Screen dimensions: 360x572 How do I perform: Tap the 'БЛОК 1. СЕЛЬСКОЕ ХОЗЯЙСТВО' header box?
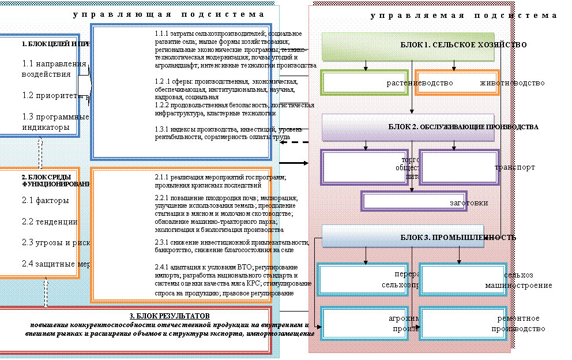(x=408, y=46)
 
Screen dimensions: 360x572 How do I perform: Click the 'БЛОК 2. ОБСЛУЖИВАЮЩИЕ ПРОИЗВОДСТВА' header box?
(x=408, y=127)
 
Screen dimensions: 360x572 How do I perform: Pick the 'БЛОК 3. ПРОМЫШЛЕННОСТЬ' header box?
(x=402, y=237)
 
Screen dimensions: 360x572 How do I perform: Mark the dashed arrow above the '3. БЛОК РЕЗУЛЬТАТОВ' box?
(x=46, y=294)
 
